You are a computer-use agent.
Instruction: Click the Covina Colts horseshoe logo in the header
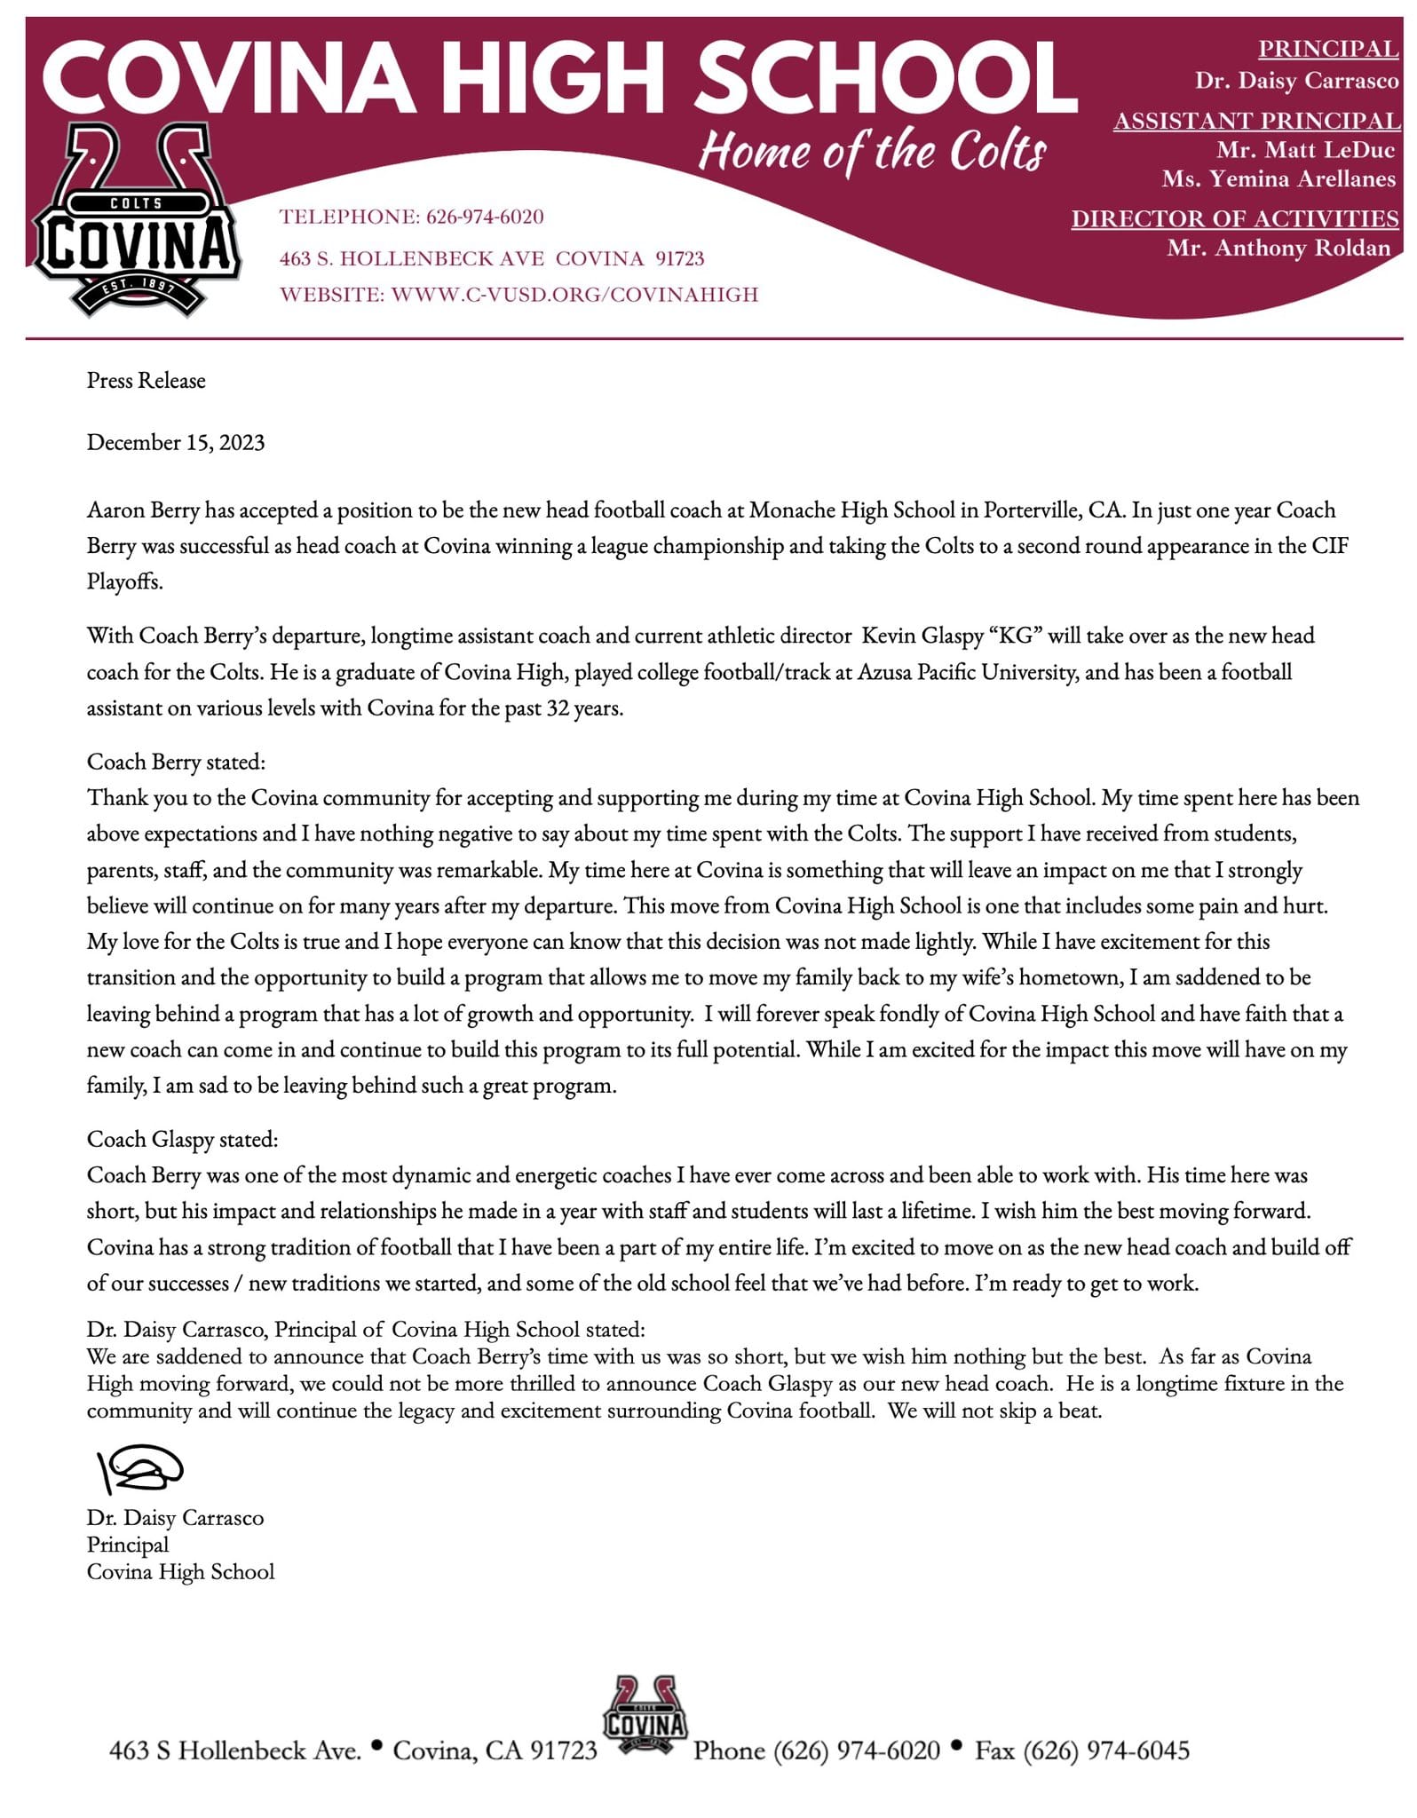pyautogui.click(x=136, y=220)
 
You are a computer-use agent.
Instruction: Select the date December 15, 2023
pyautogui.click(x=176, y=443)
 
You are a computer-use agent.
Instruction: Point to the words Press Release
pyautogui.click(x=146, y=381)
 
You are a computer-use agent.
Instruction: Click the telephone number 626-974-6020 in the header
pyautogui.click(x=485, y=217)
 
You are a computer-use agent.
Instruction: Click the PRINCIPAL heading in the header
pyautogui.click(x=1327, y=49)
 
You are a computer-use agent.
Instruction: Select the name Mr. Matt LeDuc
pyautogui.click(x=1305, y=150)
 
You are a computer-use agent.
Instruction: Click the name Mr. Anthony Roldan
pyautogui.click(x=1278, y=249)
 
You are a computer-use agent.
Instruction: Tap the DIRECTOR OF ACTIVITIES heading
pyautogui.click(x=1235, y=218)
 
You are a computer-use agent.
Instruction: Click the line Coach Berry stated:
pyautogui.click(x=176, y=762)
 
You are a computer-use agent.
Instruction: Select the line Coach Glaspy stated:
pyautogui.click(x=182, y=1139)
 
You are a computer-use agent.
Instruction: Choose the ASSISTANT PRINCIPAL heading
pyautogui.click(x=1256, y=121)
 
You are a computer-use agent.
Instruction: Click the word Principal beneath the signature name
pyautogui.click(x=128, y=1545)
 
